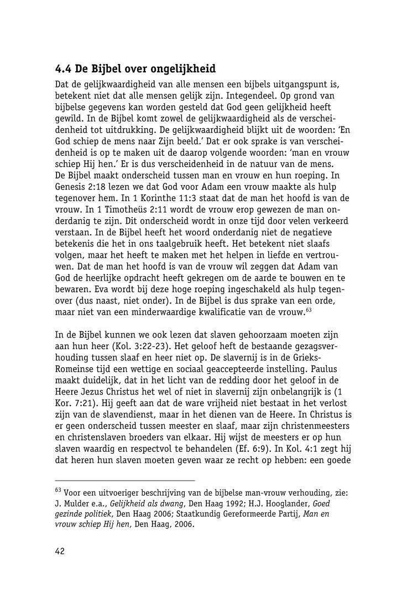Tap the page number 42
(60, 551)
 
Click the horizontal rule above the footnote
(125, 481)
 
